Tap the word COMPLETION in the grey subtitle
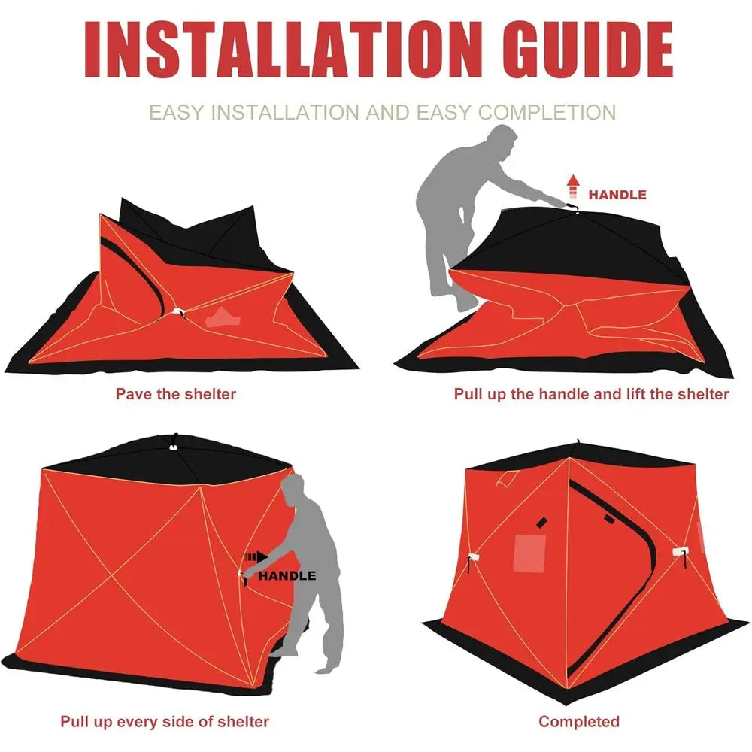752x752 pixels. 547,113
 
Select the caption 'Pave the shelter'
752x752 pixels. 175,393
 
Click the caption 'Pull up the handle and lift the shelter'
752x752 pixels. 591,393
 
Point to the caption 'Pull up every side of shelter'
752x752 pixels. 165,721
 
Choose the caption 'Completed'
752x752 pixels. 579,721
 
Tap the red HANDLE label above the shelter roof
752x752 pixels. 617,195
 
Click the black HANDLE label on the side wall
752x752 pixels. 287,575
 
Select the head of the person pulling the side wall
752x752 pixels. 294,490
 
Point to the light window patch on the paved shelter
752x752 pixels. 223,317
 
